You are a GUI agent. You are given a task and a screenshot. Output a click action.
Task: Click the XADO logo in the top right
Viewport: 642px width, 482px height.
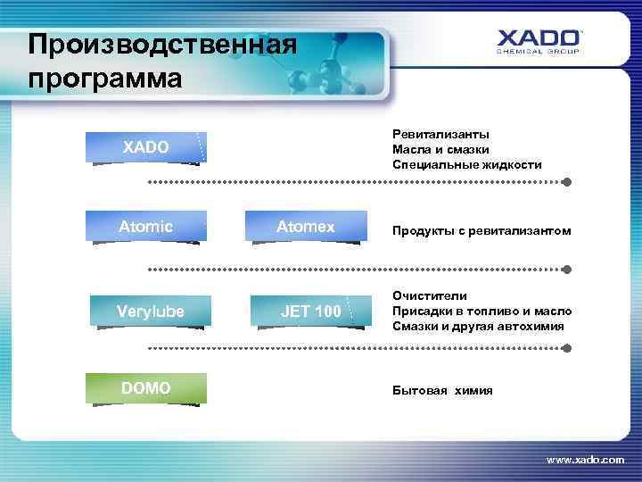click(539, 42)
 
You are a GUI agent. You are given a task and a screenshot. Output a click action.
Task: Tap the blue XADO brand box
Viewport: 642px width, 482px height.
click(145, 147)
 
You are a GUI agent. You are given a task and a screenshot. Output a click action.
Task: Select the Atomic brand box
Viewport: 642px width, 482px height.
click(145, 227)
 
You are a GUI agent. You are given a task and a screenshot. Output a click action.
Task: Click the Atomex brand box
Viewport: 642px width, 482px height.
click(306, 227)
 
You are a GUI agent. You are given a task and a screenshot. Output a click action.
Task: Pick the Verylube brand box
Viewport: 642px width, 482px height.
click(150, 312)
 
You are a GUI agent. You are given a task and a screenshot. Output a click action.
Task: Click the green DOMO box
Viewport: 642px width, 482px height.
click(146, 388)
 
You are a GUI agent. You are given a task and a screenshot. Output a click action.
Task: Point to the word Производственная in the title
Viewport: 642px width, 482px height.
click(161, 43)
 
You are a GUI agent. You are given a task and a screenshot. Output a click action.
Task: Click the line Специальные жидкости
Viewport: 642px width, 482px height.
click(466, 165)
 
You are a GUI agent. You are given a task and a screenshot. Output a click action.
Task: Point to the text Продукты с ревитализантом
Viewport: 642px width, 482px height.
click(481, 231)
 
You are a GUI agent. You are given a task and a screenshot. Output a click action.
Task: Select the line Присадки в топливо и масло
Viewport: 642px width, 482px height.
click(481, 311)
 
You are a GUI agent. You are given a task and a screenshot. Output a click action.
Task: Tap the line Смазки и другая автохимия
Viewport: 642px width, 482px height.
click(478, 327)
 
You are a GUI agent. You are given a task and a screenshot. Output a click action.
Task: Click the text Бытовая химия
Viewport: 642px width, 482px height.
click(442, 391)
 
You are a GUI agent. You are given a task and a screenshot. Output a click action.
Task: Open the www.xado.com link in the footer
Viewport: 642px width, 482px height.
click(585, 459)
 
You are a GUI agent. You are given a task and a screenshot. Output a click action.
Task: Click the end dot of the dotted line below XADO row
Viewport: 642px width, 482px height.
click(566, 181)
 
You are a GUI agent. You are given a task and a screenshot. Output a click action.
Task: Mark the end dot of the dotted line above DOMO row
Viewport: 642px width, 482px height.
click(566, 348)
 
